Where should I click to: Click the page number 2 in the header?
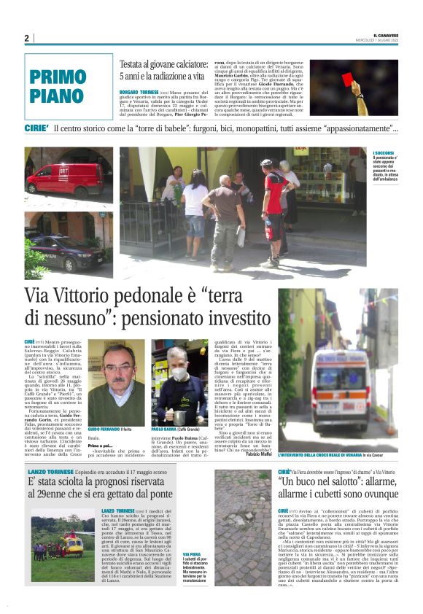[26, 38]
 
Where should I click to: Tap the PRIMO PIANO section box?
[69, 86]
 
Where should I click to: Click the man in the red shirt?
[273, 208]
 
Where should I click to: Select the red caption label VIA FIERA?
[192, 555]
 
